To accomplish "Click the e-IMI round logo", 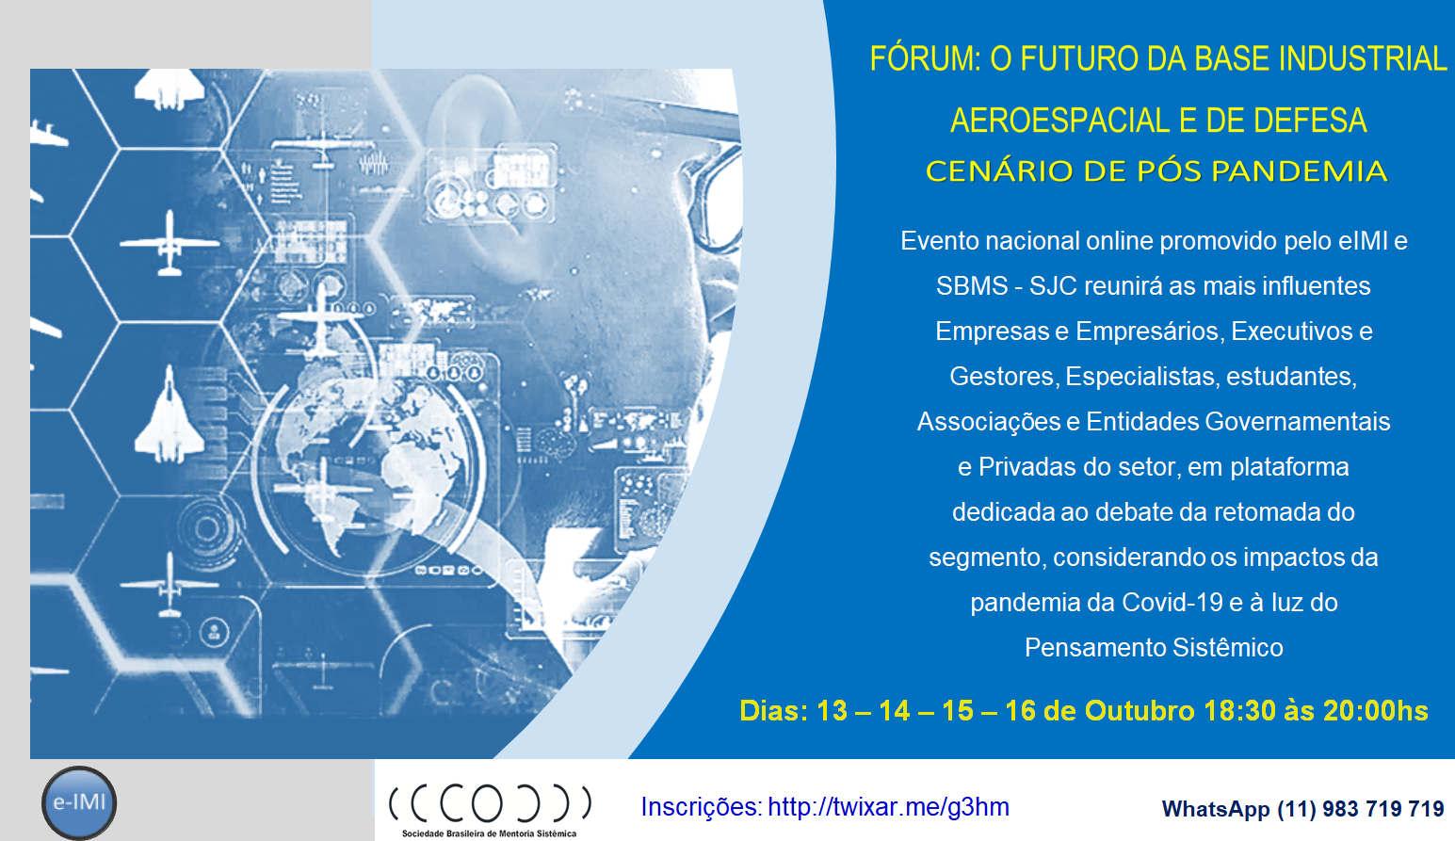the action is tap(79, 802).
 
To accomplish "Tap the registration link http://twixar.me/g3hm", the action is tap(889, 807).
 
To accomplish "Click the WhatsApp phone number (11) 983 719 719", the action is tap(1361, 809).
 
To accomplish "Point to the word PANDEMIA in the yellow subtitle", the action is tap(1300, 171).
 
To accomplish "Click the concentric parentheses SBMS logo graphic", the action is tap(491, 804).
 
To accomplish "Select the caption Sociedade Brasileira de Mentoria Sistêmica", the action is tap(489, 833).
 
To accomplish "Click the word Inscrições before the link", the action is tap(702, 807).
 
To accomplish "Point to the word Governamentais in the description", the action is tap(1298, 422).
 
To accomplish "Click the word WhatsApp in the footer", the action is tap(1215, 810).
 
